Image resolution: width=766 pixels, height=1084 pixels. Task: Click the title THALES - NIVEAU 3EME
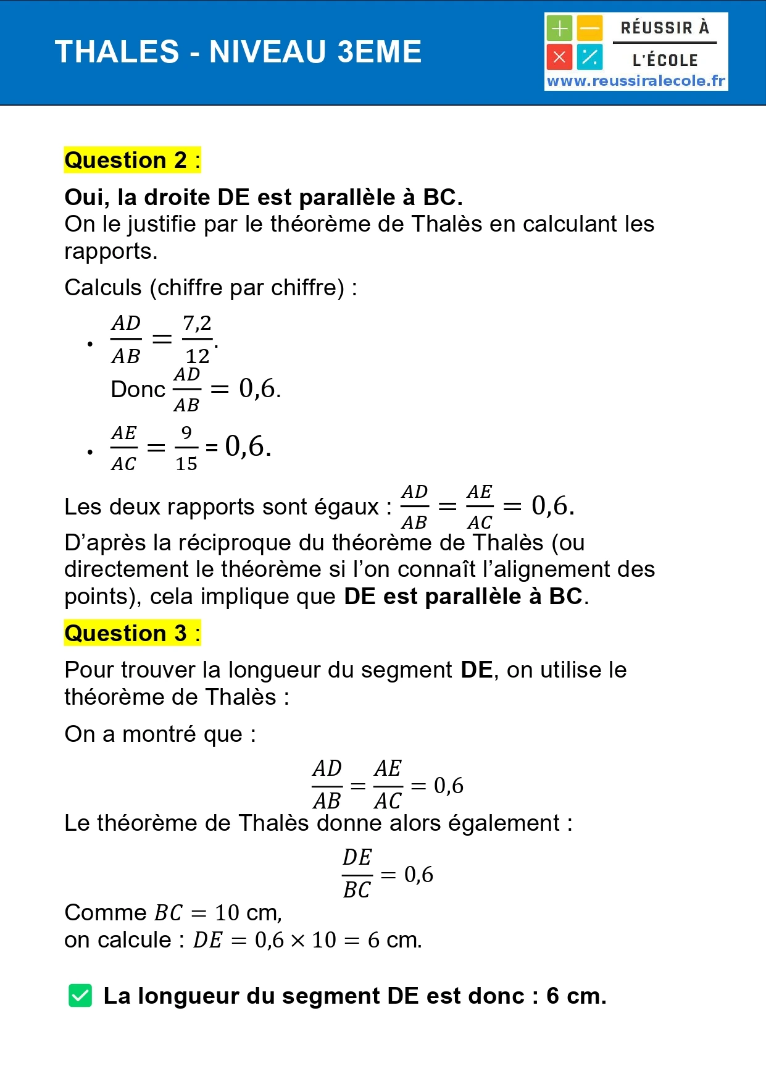tap(238, 52)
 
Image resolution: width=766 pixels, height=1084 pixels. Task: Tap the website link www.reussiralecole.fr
tap(636, 81)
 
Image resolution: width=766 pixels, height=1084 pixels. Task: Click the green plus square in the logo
tap(559, 28)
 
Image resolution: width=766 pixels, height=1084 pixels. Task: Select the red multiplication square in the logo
tap(559, 57)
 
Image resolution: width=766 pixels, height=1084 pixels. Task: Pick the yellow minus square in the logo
tap(589, 28)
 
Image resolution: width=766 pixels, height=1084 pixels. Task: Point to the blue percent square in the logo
tap(589, 57)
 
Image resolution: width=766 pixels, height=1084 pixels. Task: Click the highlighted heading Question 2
tap(132, 160)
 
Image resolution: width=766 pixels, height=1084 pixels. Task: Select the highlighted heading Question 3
tap(132, 633)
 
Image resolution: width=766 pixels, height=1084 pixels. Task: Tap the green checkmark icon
tap(80, 996)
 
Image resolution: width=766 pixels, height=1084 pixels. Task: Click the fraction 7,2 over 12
tap(198, 339)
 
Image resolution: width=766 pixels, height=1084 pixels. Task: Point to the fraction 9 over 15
tap(186, 448)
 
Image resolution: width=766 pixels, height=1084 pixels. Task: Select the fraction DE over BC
tap(357, 873)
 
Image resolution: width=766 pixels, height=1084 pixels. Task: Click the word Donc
tap(138, 389)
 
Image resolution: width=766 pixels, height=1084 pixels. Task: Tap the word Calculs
tap(103, 288)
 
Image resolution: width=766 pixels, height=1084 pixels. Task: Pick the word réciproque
tap(251, 542)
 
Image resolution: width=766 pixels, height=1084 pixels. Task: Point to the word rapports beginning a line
tap(110, 251)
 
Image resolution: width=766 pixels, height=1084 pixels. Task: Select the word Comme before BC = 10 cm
tap(106, 912)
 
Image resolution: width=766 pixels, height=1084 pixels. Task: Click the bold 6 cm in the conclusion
tap(576, 996)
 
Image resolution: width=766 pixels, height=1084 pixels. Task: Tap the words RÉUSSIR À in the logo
tap(665, 28)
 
